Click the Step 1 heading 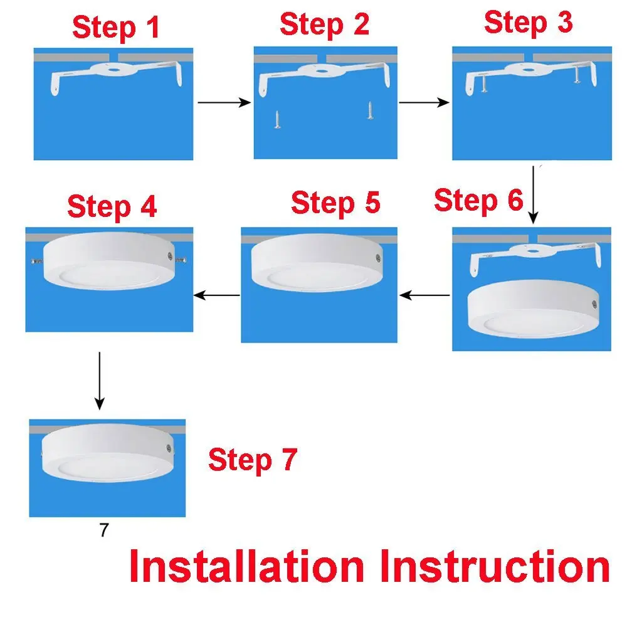coord(116,28)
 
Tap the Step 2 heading coord(324,25)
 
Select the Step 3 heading coord(528,23)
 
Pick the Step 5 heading coord(335,204)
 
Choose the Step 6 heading coord(478,201)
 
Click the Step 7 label coord(252,460)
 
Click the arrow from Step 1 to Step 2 coord(224,102)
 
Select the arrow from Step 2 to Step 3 coord(424,102)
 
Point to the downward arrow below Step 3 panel coord(533,194)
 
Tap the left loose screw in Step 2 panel coord(277,119)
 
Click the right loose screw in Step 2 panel coord(369,111)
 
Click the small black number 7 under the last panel coord(104,530)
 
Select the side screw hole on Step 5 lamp coord(377,257)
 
